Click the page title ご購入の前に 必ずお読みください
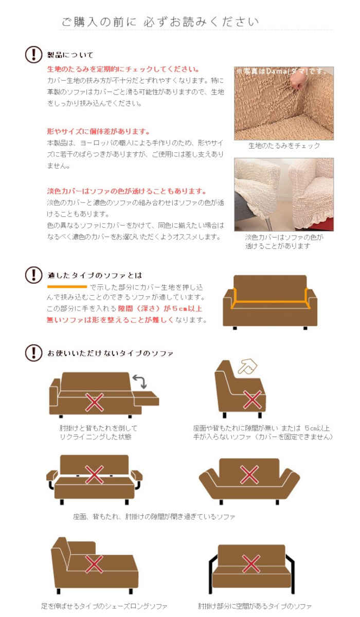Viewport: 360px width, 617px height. pyautogui.click(x=160, y=22)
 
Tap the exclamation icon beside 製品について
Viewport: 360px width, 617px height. pyautogui.click(x=33, y=55)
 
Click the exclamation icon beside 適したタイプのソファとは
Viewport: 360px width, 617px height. pyautogui.click(x=33, y=275)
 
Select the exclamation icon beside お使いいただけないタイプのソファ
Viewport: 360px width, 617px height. pyautogui.click(x=33, y=353)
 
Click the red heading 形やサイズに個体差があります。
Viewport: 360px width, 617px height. pyautogui.click(x=98, y=131)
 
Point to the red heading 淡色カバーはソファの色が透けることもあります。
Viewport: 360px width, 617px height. pyautogui.click(x=127, y=191)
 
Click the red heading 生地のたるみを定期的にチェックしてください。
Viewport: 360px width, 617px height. pyautogui.click(x=123, y=69)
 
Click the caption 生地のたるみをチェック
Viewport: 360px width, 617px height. pyautogui.click(x=284, y=146)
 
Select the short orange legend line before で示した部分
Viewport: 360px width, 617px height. pyautogui.click(x=67, y=286)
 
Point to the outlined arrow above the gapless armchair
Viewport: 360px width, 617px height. pyautogui.click(x=247, y=366)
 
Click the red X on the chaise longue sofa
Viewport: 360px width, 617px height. pyautogui.click(x=94, y=565)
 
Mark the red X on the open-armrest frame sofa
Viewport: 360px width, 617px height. pyautogui.click(x=250, y=564)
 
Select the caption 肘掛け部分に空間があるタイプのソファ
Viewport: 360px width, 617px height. pyautogui.click(x=255, y=606)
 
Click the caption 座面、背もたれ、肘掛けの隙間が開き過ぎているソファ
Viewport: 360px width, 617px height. pyautogui.click(x=154, y=516)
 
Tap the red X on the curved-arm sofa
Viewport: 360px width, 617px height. pyautogui.click(x=249, y=474)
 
